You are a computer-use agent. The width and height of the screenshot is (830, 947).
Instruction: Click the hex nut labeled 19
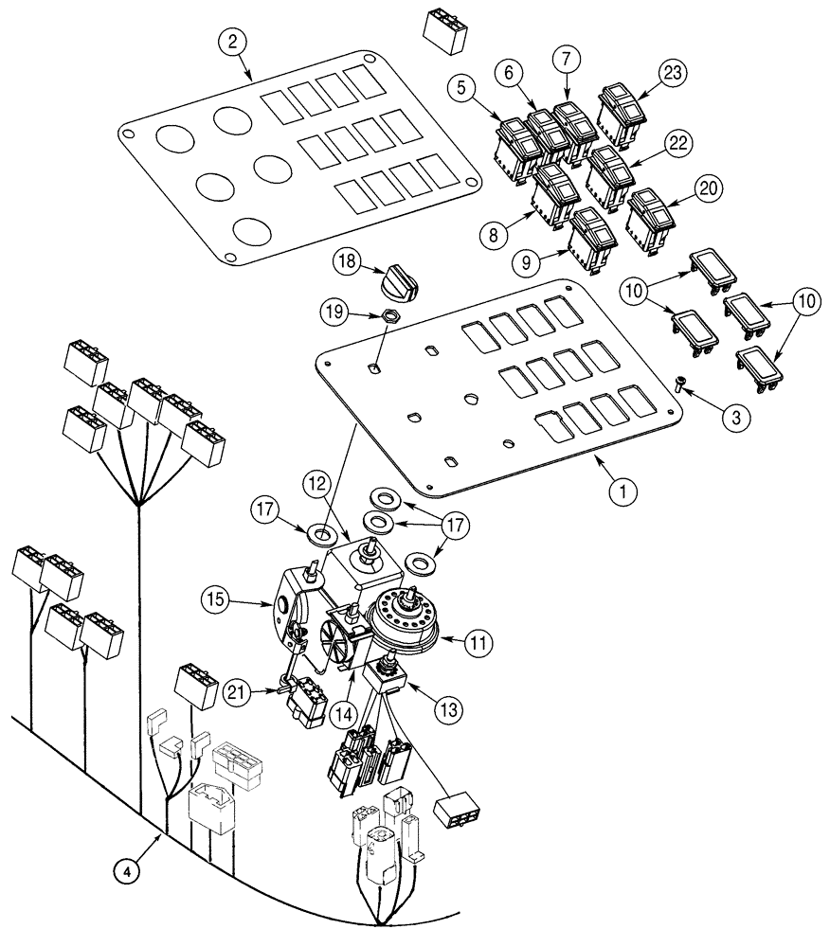click(389, 317)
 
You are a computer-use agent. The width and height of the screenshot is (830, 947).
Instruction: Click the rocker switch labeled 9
click(590, 238)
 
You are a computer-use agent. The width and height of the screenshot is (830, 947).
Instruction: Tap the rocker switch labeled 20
click(648, 217)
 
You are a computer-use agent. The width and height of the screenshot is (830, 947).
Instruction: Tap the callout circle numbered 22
click(675, 144)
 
